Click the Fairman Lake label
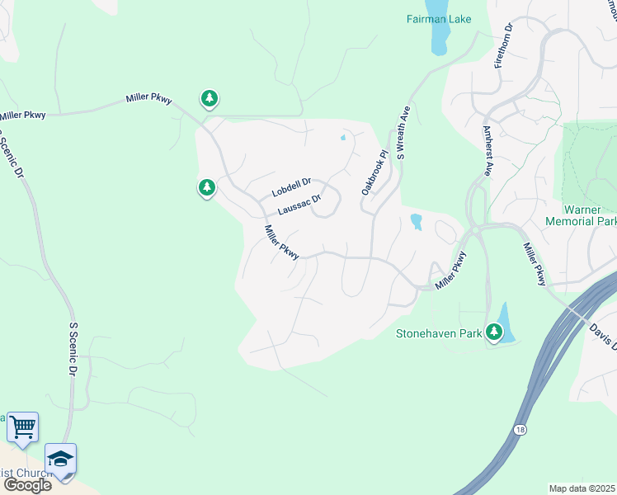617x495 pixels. pos(439,18)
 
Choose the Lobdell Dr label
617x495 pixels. pos(291,187)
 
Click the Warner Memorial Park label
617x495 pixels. pos(581,216)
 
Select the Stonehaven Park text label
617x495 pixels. pos(438,333)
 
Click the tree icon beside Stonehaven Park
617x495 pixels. pos(494,332)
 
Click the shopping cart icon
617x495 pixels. pos(23,427)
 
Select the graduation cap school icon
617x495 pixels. pos(60,458)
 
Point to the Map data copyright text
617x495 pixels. pos(582,488)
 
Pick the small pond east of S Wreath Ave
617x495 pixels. pos(416,221)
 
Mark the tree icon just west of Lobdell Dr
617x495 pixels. pos(207,187)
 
